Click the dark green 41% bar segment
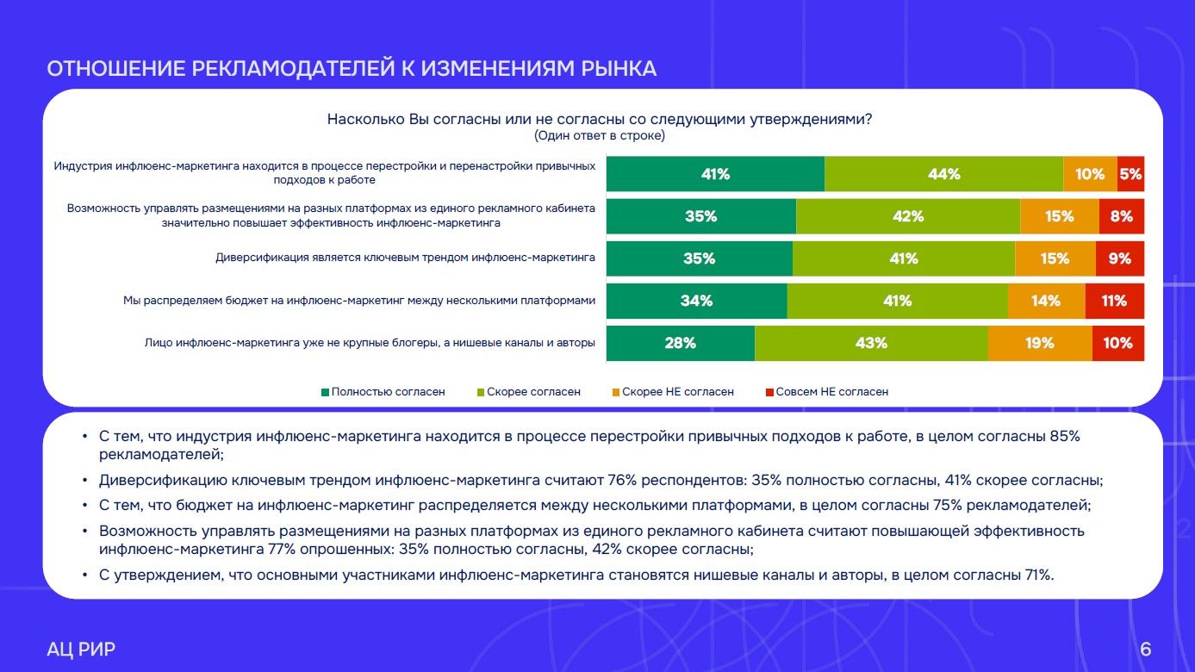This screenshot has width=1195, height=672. [715, 174]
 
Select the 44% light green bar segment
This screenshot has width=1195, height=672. [943, 174]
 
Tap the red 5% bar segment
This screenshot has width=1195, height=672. [1130, 174]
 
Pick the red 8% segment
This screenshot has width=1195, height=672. [1122, 216]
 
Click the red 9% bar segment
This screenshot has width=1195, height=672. [1120, 258]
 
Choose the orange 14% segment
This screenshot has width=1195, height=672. [1046, 301]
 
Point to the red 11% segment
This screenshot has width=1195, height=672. [1115, 301]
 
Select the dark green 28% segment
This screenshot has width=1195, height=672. [681, 343]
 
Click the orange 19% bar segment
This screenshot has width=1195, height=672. [1040, 343]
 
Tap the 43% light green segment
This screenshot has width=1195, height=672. [871, 343]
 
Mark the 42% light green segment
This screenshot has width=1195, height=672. [908, 216]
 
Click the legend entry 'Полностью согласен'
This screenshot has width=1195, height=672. [383, 392]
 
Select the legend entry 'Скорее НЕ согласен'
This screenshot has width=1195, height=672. [673, 392]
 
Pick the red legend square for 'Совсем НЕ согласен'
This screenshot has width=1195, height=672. [769, 393]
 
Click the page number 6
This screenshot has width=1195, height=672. [1145, 649]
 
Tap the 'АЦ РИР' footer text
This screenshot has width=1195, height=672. [81, 649]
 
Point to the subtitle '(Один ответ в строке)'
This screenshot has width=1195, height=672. [600, 135]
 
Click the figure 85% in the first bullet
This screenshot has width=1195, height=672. [1065, 436]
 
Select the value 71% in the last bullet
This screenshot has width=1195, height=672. [1039, 575]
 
